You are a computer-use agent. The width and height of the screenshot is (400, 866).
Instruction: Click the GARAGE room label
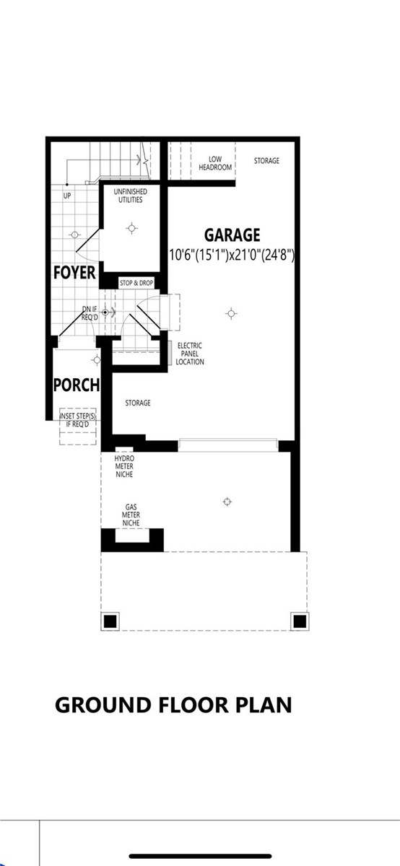[x=232, y=235]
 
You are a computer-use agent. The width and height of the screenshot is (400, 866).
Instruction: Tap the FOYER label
[x=75, y=273]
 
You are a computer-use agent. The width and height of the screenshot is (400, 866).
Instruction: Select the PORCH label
[x=77, y=385]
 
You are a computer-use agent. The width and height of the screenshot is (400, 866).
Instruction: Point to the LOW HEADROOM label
[x=215, y=163]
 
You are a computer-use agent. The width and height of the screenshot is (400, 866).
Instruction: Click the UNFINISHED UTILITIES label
[x=131, y=195]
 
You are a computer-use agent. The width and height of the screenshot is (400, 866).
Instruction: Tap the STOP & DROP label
[x=136, y=283]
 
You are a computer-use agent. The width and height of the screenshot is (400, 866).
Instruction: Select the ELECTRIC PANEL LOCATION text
[x=190, y=354]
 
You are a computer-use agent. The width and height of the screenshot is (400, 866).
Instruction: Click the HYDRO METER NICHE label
[x=124, y=465]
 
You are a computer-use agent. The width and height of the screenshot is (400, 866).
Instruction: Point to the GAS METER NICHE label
[x=131, y=515]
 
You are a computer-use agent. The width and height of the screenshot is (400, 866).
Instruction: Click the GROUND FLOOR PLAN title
[x=173, y=704]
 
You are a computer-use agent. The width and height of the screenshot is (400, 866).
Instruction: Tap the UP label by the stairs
[x=67, y=196]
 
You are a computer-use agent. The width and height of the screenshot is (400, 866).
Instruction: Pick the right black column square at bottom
[x=299, y=621]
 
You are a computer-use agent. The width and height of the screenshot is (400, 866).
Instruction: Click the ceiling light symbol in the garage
[x=231, y=313]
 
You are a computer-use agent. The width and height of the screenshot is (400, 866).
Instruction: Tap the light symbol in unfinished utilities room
[x=131, y=228]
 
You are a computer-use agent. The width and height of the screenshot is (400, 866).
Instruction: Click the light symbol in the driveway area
[x=227, y=502]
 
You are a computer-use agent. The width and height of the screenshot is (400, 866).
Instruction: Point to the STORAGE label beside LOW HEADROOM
[x=266, y=160]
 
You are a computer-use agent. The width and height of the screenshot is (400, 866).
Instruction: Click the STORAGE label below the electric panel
[x=138, y=403]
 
